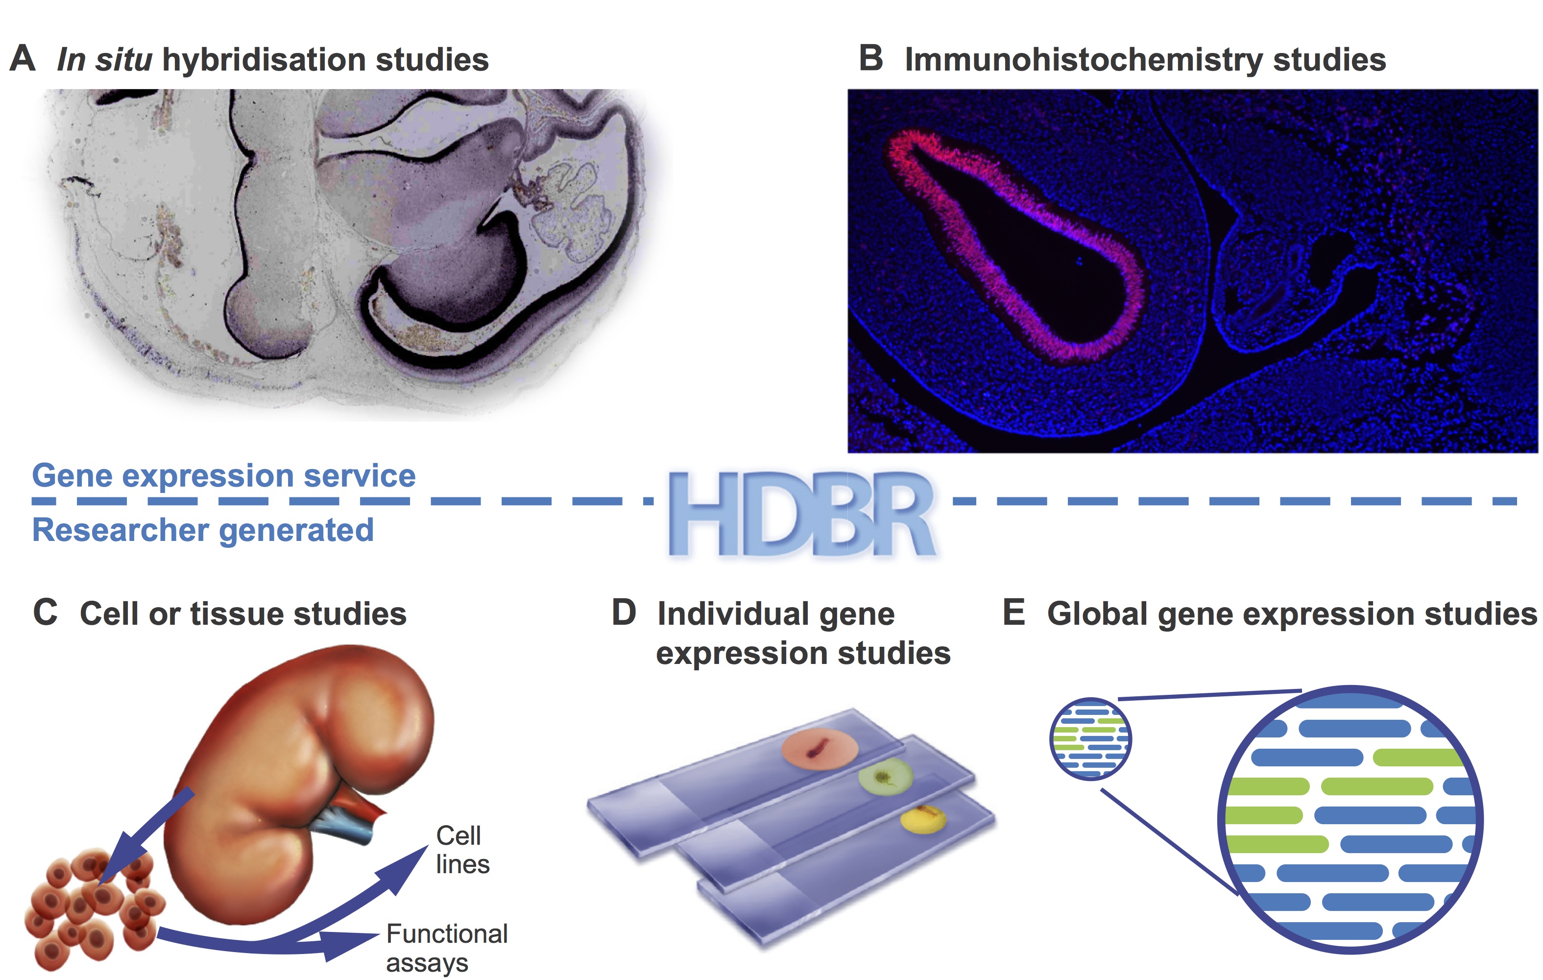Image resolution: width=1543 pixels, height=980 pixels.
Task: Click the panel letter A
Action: point(23,58)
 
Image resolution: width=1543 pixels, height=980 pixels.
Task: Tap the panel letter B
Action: point(871,58)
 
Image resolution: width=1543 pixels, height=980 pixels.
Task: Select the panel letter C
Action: point(45,612)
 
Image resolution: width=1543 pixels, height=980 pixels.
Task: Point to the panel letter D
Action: point(624,612)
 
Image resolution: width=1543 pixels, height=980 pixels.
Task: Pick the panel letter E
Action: point(1013,612)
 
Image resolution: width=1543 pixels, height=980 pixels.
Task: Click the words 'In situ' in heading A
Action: point(104,60)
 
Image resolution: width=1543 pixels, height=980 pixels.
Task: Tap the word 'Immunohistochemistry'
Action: point(1083,60)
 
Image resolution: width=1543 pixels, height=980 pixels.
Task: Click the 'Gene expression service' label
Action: point(224,476)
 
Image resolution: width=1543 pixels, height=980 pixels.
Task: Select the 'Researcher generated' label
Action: point(202,530)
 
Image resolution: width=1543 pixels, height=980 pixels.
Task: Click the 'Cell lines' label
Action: point(461,849)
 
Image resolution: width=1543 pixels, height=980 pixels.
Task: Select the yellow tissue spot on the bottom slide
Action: point(923,819)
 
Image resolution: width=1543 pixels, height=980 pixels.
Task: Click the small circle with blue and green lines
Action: point(1090,738)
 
